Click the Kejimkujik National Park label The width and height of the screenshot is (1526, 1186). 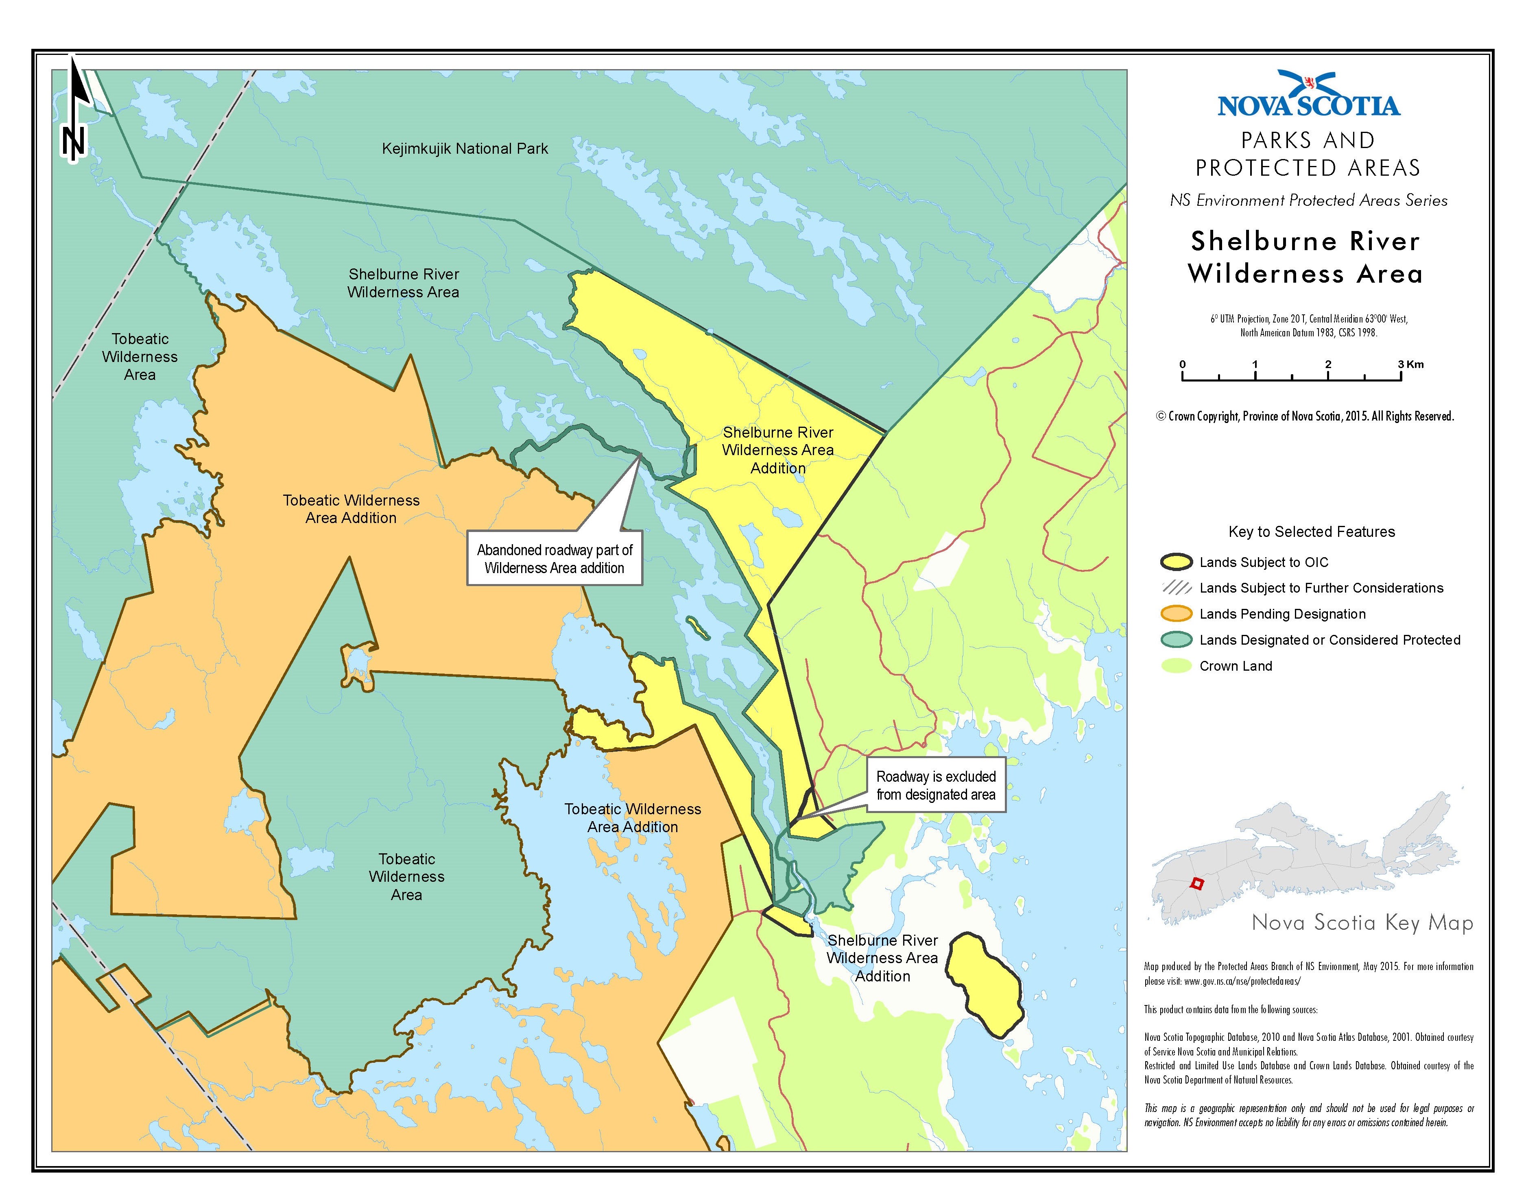(465, 149)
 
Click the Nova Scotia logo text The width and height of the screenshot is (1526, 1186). (1309, 105)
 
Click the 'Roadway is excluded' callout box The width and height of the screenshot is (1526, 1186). (936, 785)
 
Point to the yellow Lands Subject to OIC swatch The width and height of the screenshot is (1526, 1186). (1176, 562)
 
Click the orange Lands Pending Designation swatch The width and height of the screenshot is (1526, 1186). (1176, 614)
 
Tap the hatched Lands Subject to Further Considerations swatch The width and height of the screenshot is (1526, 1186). (1176, 588)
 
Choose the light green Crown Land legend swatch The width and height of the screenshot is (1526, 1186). (1176, 666)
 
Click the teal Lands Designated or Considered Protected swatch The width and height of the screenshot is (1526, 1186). (1176, 640)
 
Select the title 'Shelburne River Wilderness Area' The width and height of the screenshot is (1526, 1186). (1305, 257)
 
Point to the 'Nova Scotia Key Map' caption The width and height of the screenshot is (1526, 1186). (1362, 923)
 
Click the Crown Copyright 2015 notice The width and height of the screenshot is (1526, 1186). (1305, 416)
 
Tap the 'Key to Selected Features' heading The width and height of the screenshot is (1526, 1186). (1312, 532)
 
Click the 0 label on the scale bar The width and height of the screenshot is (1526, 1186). (1182, 364)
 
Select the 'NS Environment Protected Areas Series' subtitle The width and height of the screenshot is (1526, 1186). (1309, 201)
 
